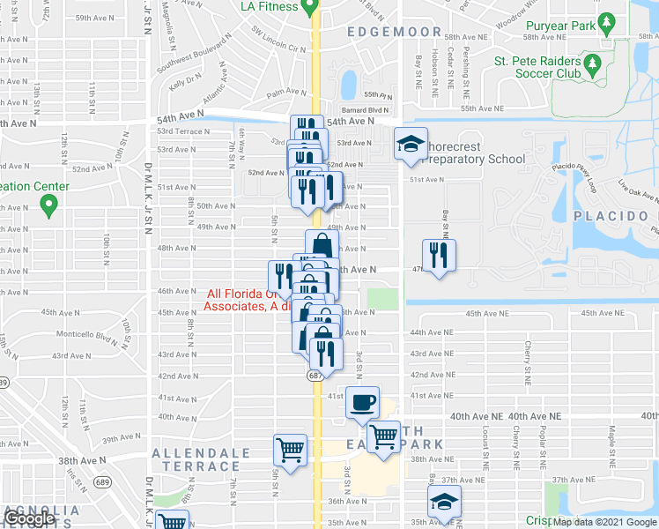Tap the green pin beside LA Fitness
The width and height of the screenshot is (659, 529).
[309, 7]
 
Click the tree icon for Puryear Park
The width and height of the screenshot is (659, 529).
[606, 24]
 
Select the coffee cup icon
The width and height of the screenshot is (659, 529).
[362, 403]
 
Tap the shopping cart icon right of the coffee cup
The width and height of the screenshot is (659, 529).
[383, 436]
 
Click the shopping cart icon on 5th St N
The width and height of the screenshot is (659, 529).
[290, 449]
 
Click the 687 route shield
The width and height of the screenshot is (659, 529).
[315, 375]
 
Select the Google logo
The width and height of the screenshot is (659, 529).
[29, 518]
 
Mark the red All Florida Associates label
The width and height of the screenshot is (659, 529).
[240, 300]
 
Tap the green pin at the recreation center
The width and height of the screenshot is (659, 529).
[48, 206]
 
